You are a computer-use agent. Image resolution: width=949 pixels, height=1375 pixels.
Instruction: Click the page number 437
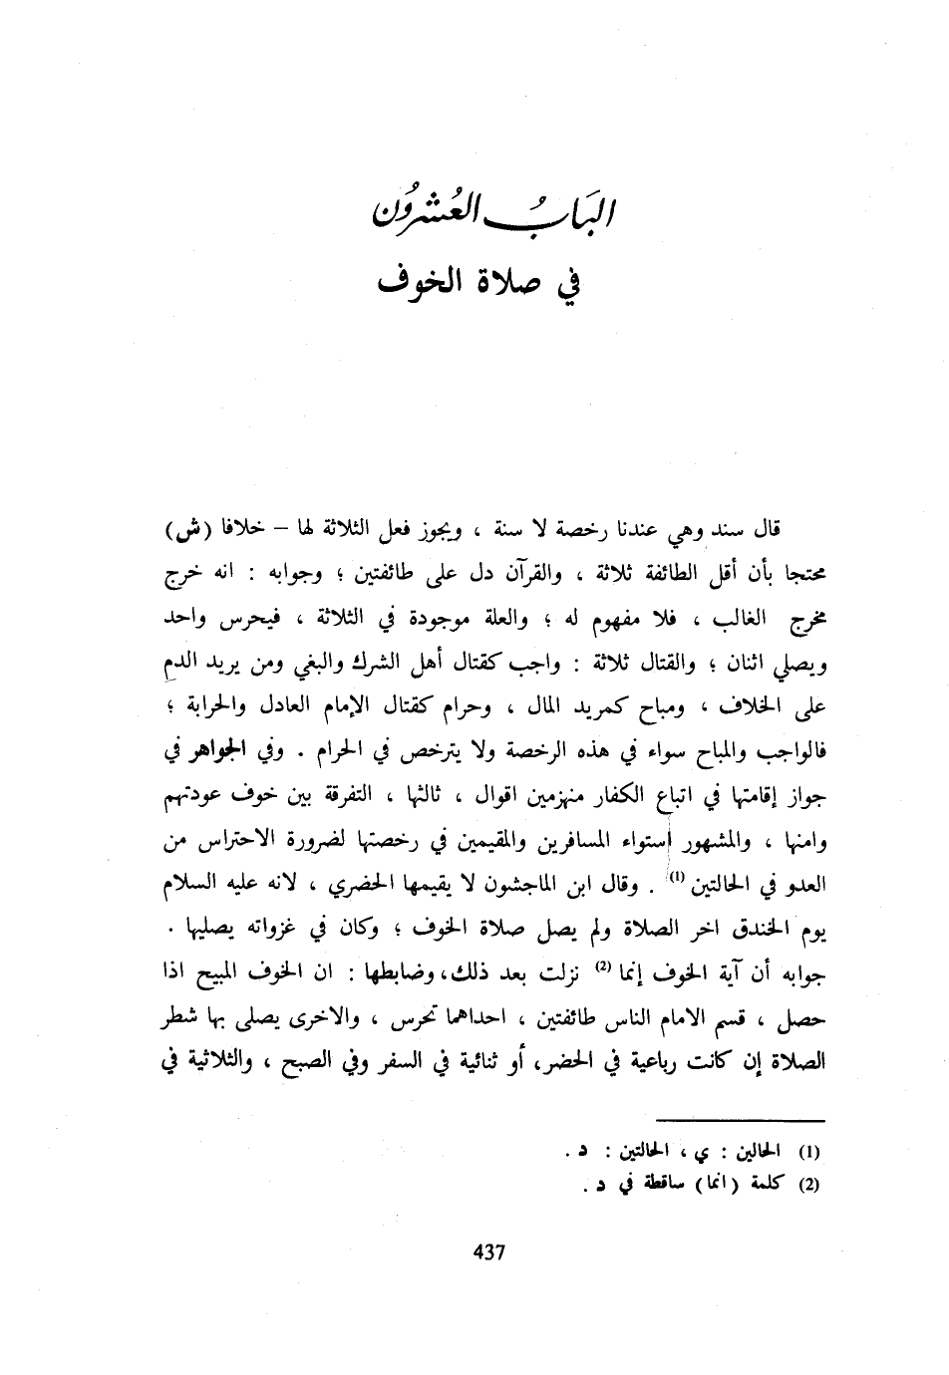point(488,1252)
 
